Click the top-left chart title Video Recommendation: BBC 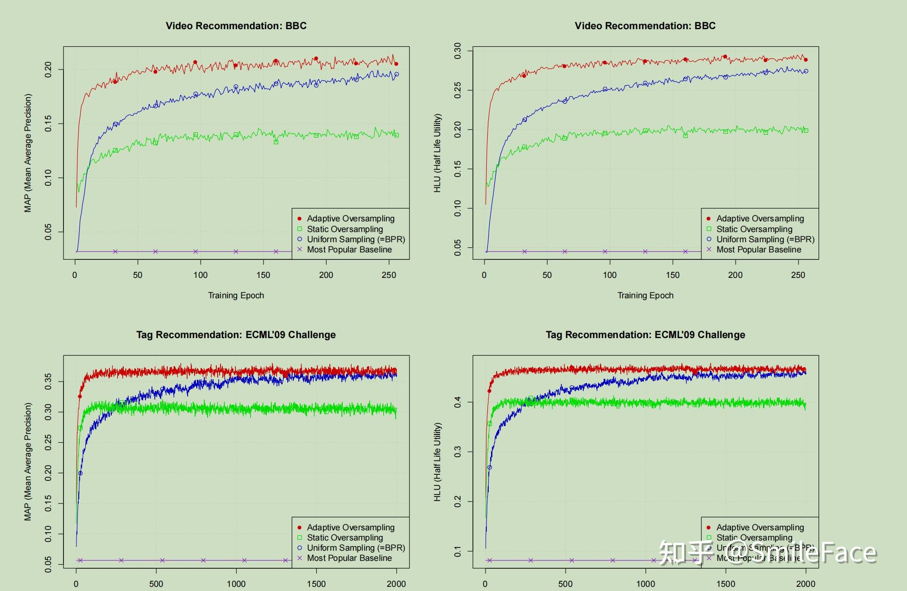coord(236,26)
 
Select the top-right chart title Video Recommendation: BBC coord(645,26)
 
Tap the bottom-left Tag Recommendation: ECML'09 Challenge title coord(236,335)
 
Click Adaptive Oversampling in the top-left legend coord(350,219)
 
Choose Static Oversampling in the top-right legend coord(754,229)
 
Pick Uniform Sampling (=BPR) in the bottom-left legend coord(356,548)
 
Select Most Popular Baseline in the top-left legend coord(349,250)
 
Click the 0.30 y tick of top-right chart coord(458,51)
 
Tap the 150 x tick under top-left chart coord(263,275)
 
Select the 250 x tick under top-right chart coord(798,275)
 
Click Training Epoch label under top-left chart coord(236,295)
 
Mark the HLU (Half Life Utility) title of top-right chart coord(437,153)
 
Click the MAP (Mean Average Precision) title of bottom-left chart coord(28,461)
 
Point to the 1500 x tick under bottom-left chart coord(316,584)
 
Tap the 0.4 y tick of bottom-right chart coord(458,402)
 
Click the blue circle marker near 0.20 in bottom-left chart coord(80,473)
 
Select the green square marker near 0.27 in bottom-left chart coord(80,428)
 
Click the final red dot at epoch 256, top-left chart coord(396,64)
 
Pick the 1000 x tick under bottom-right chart coord(645,584)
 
